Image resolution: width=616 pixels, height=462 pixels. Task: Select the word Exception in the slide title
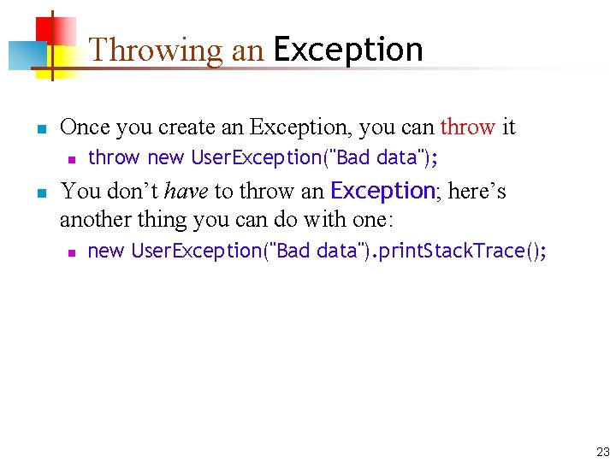pos(347,50)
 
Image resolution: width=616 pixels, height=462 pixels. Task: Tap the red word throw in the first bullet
pos(467,127)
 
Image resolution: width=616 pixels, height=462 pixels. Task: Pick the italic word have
pos(186,191)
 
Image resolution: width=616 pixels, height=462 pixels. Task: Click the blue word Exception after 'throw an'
pos(382,190)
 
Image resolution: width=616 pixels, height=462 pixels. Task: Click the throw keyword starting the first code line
pos(113,157)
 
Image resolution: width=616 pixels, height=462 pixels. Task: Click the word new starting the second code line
pos(106,251)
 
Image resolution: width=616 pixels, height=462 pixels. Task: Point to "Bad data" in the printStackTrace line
pos(317,251)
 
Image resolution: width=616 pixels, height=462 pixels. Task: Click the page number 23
pos(602,452)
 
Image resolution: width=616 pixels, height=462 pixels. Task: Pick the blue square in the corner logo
pos(22,56)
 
